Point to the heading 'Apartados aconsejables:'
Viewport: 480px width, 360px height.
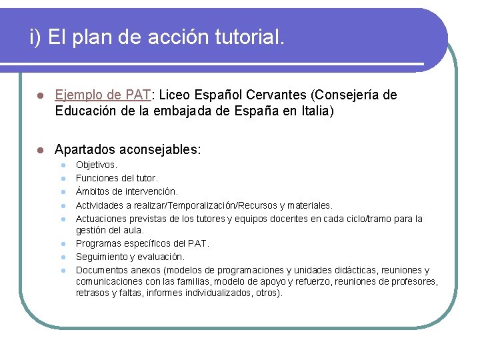click(127, 149)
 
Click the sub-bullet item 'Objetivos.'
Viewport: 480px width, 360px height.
click(97, 164)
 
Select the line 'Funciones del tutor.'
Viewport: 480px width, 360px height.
click(117, 178)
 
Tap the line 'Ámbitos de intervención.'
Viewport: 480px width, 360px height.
click(127, 192)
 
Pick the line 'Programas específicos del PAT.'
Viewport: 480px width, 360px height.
click(141, 243)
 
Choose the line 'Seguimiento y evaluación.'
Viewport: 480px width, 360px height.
click(130, 257)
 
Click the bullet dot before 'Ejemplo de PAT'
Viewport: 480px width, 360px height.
click(41, 96)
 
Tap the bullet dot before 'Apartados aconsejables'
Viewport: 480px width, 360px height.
click(41, 150)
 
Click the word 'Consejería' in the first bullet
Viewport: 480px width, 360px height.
click(355, 95)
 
